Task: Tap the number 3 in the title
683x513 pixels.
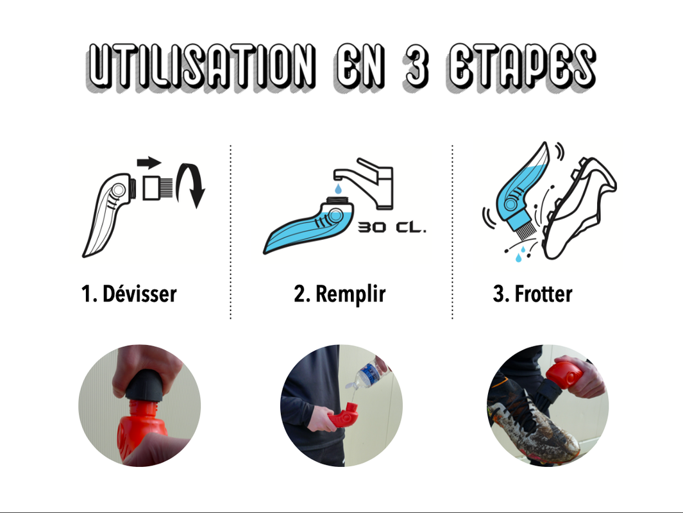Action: click(x=417, y=66)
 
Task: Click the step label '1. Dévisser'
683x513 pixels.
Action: click(x=129, y=294)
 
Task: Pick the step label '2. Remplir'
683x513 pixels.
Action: click(x=340, y=294)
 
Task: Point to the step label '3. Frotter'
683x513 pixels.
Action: click(x=532, y=294)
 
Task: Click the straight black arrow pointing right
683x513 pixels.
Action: click(x=149, y=162)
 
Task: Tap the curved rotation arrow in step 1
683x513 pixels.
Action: click(x=192, y=185)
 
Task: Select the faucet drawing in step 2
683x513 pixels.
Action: click(x=364, y=183)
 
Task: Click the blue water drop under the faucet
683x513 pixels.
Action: click(x=338, y=189)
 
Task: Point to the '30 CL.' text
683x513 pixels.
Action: click(x=392, y=227)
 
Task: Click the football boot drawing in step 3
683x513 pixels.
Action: click(x=578, y=208)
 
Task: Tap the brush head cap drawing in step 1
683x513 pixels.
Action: click(x=158, y=188)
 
